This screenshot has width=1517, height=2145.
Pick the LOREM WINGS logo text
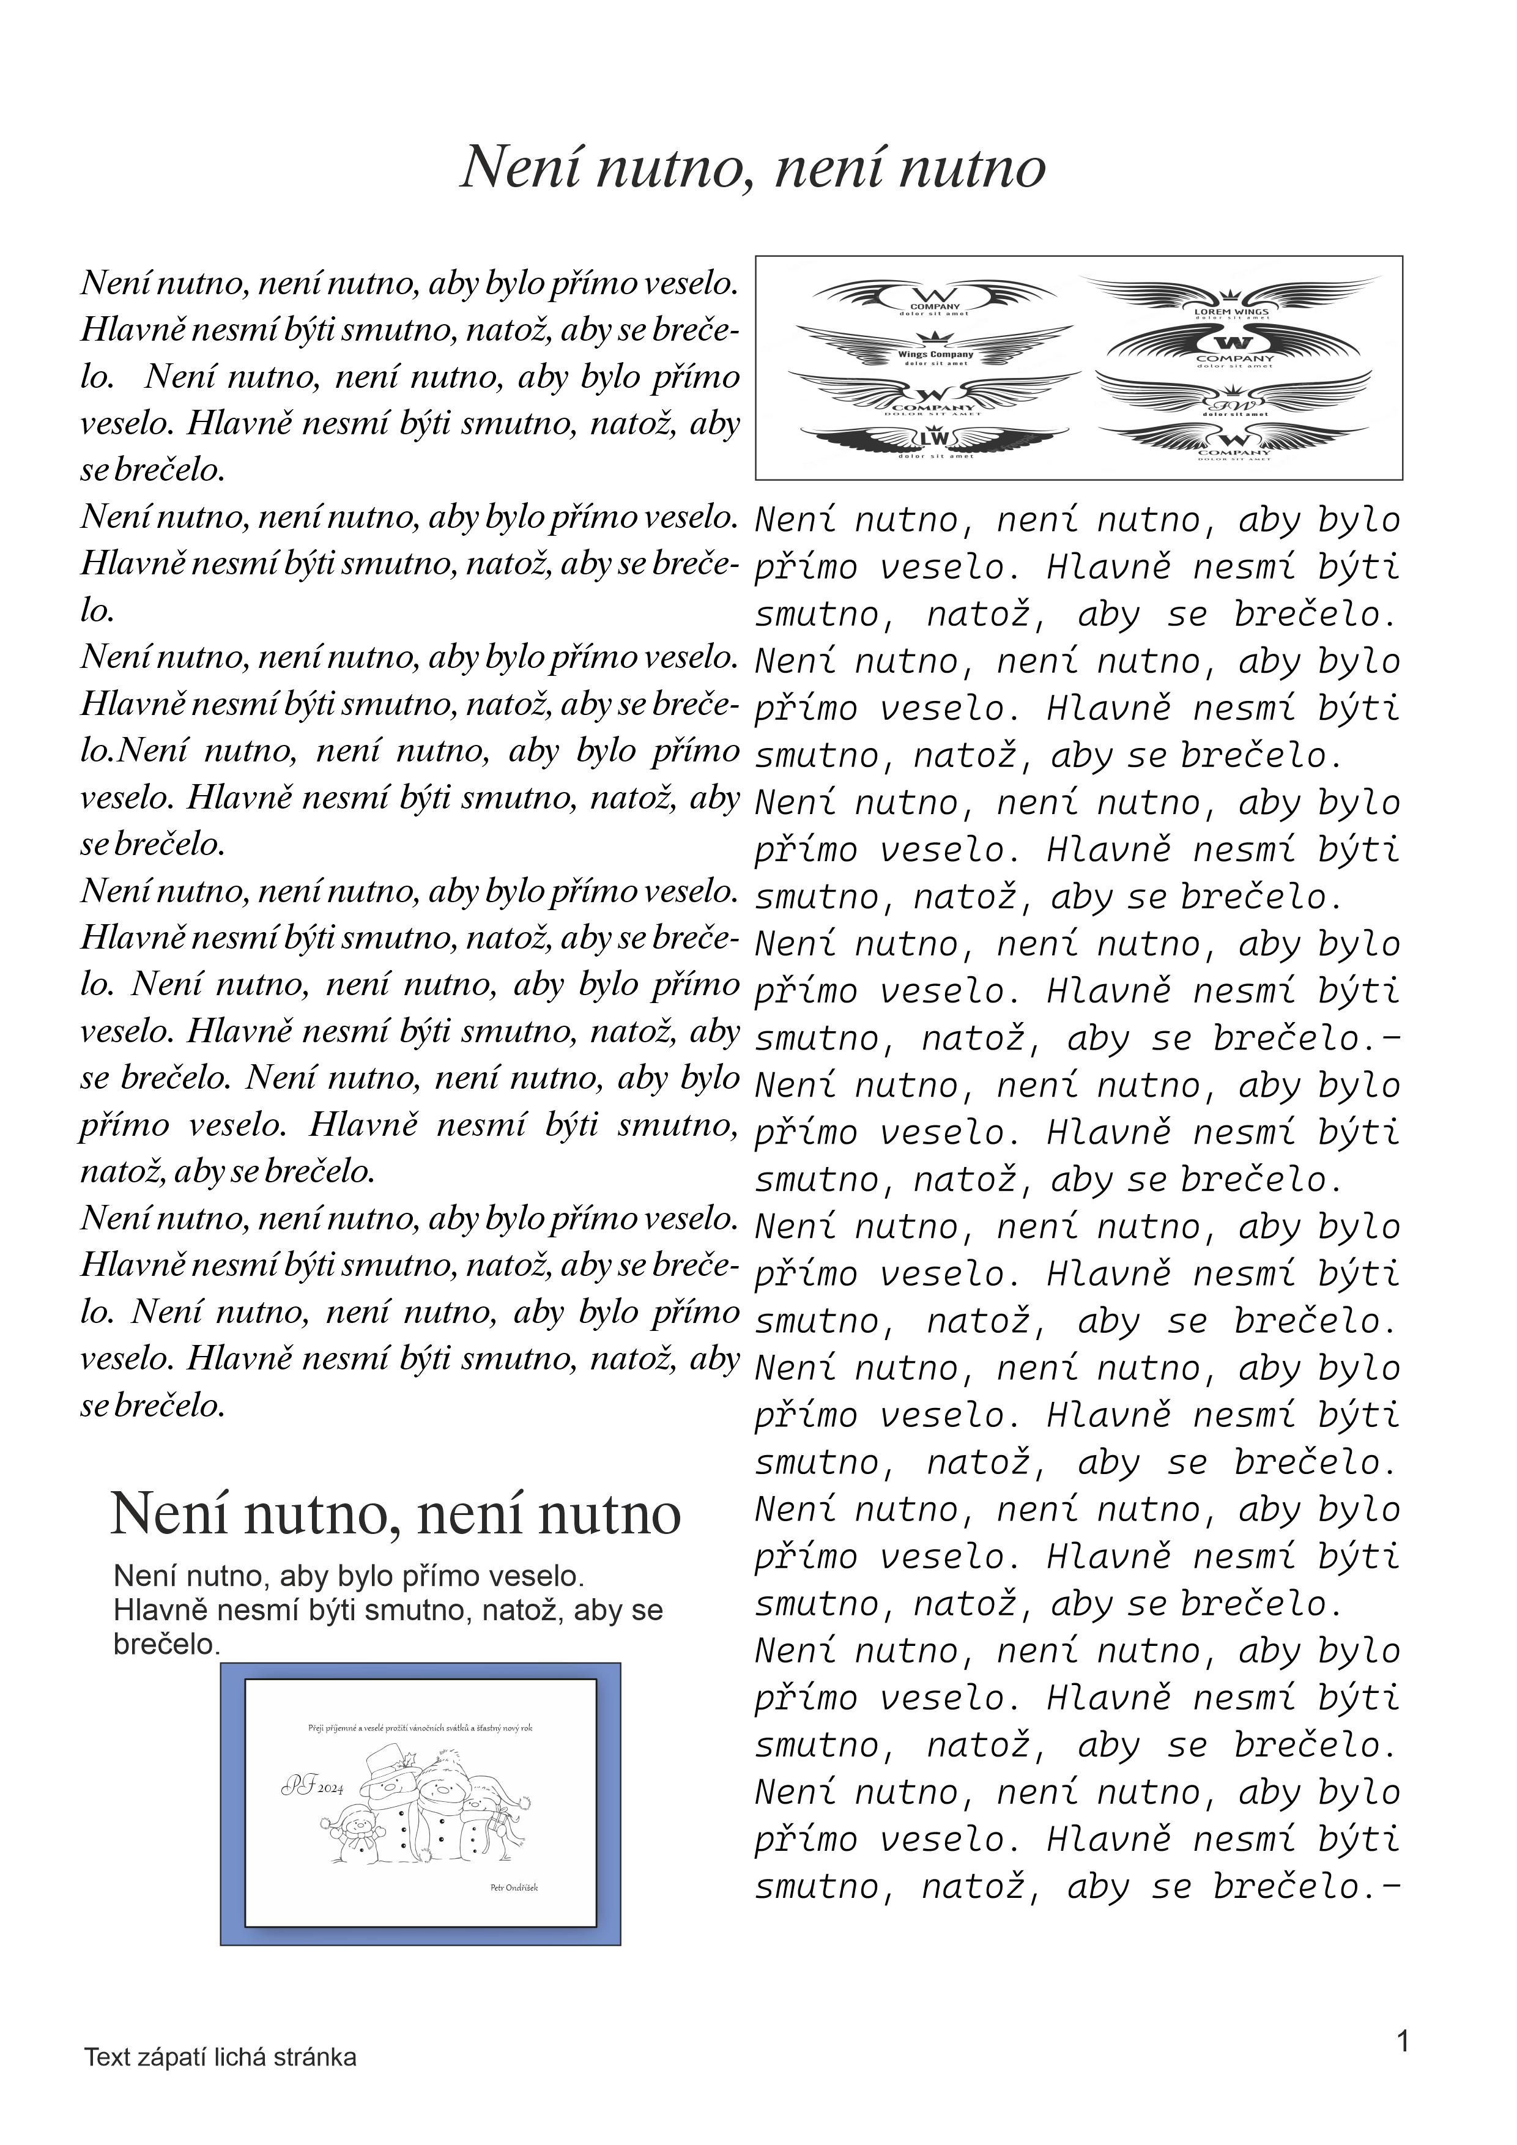(x=1231, y=311)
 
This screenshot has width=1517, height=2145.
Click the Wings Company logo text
(x=935, y=354)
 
